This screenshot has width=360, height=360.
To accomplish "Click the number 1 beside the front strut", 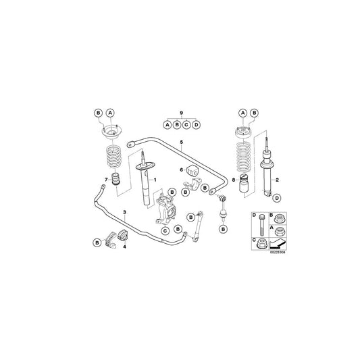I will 155,180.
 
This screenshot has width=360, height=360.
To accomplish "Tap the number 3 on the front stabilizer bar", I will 125,213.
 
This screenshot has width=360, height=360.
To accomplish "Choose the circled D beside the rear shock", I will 277,197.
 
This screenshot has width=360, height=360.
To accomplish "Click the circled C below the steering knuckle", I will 165,230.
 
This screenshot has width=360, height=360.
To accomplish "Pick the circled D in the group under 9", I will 196,124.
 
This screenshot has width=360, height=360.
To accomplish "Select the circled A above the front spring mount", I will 111,111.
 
